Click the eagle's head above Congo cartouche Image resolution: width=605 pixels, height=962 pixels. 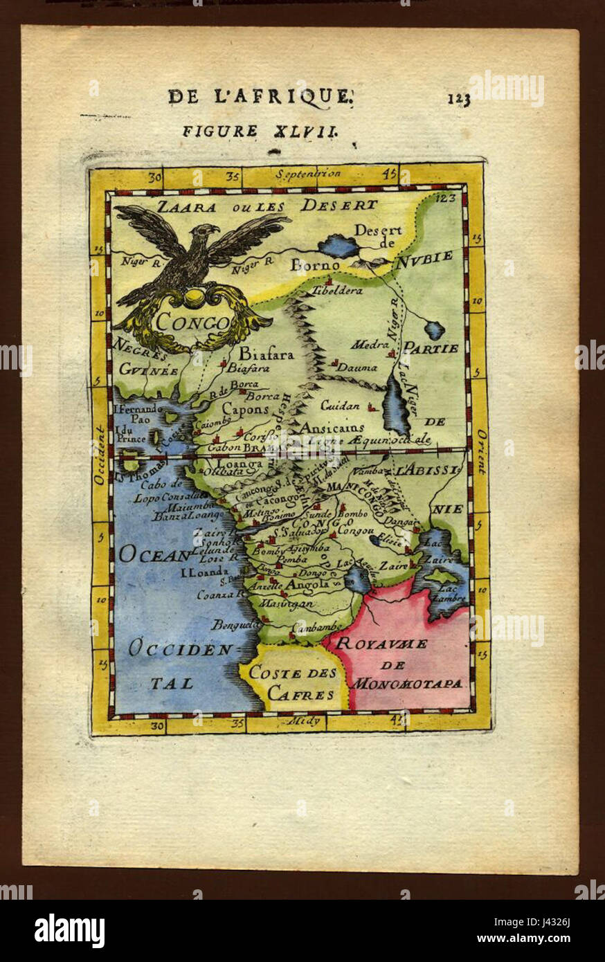206,232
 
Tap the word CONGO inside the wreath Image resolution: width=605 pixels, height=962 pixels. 192,322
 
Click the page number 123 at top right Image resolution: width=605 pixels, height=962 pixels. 458,99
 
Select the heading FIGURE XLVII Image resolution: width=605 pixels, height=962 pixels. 259,131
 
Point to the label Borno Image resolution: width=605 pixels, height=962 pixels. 315,265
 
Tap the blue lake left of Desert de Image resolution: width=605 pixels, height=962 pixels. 340,246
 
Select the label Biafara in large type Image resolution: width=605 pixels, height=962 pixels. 267,354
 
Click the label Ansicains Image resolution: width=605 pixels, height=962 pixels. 332,428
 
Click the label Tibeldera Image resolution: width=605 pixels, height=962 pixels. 337,291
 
